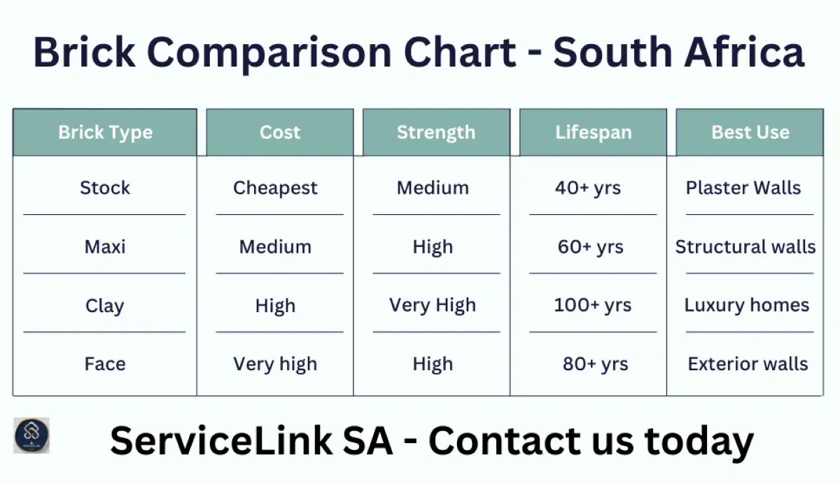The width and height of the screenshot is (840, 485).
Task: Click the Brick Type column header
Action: (105, 132)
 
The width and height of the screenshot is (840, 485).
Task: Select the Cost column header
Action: (279, 132)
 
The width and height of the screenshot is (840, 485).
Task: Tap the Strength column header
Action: (435, 132)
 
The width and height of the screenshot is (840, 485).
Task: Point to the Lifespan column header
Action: (593, 132)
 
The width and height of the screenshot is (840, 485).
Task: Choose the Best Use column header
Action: (750, 132)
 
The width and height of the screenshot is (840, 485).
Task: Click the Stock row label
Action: (105, 188)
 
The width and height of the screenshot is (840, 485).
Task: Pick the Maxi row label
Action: (105, 246)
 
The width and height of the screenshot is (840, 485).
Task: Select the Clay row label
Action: (104, 306)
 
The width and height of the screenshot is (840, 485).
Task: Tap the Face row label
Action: (105, 364)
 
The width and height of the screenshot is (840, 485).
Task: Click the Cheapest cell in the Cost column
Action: (275, 188)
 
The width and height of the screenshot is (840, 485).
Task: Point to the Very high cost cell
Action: (275, 364)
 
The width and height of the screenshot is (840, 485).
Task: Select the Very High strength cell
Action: (433, 305)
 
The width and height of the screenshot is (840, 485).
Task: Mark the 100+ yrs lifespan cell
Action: (592, 305)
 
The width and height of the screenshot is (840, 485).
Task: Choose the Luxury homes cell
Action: (746, 305)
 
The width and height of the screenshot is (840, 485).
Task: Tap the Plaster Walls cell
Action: (743, 188)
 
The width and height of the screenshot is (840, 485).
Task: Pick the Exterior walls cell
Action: (748, 364)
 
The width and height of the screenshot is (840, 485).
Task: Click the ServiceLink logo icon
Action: (31, 435)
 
